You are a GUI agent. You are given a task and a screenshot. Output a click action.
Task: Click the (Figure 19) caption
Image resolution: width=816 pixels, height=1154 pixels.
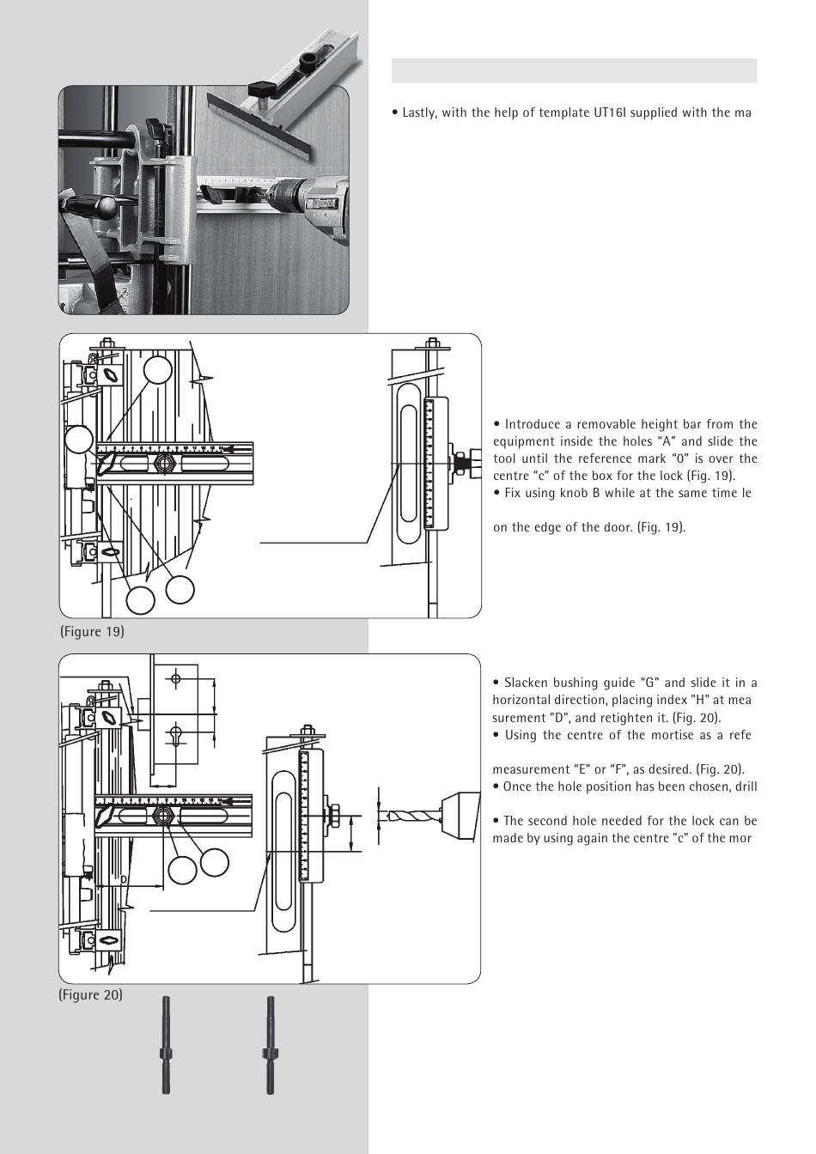(x=92, y=632)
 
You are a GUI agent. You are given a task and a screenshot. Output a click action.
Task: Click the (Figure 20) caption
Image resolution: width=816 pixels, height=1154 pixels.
(x=91, y=995)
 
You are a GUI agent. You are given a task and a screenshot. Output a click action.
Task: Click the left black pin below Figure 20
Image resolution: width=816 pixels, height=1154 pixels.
(x=166, y=1045)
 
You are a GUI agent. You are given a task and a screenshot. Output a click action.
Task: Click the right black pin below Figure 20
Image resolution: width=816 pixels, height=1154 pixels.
(x=271, y=1045)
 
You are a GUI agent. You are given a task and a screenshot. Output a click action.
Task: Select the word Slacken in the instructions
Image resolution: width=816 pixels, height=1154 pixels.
(x=526, y=683)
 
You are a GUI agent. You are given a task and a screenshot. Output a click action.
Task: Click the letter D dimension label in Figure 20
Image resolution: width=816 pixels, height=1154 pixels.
(x=123, y=879)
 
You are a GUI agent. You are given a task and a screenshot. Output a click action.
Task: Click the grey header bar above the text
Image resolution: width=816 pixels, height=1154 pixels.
(x=574, y=70)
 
